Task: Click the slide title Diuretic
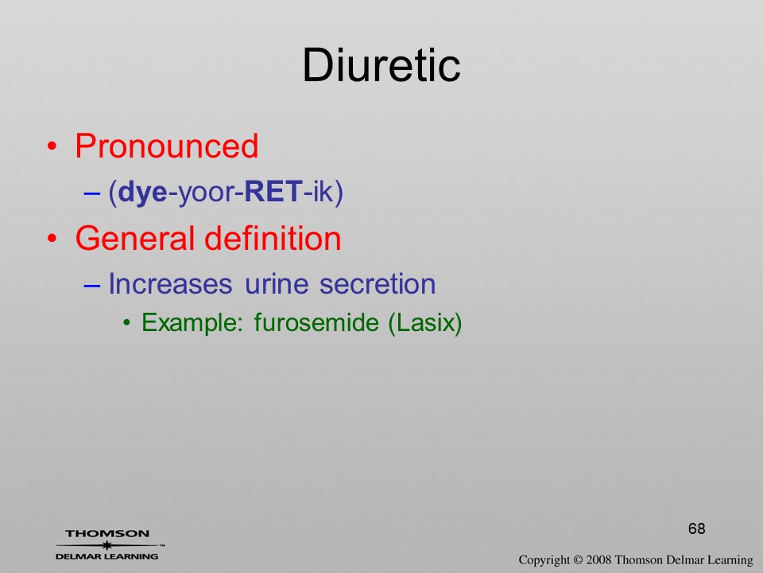(381, 66)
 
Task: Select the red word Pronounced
(166, 146)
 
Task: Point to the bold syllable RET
(273, 192)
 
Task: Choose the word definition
(273, 238)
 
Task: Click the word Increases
(170, 283)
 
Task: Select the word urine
(277, 285)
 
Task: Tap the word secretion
(377, 284)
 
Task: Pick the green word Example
(192, 322)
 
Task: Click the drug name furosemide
(316, 322)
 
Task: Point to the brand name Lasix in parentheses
(424, 322)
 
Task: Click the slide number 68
(697, 528)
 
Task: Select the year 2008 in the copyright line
(598, 559)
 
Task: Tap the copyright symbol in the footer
(577, 559)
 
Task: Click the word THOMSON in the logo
(107, 533)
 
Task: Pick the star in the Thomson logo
(107, 545)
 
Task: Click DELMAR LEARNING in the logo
(107, 556)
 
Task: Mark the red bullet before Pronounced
(52, 146)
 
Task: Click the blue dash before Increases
(91, 285)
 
